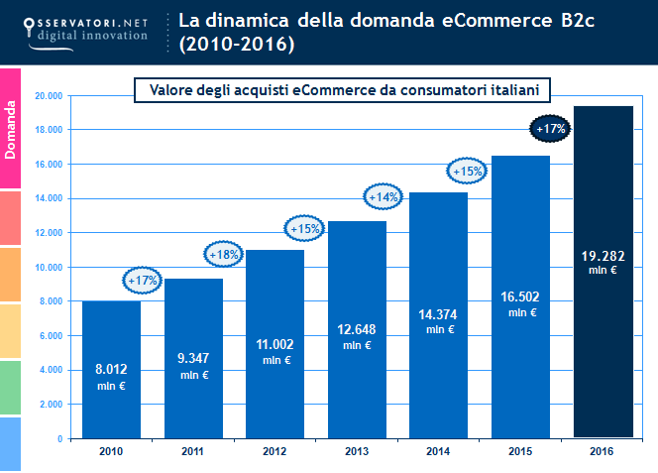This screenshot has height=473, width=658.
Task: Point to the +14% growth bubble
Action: pos(384,197)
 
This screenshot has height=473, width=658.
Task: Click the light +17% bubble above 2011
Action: pos(143,281)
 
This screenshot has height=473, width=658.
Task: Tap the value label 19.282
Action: pos(603,255)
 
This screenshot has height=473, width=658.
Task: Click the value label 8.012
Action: pos(111,370)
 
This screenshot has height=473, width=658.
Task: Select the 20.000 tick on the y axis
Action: pos(49,96)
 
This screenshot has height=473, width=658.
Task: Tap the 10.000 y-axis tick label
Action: pos(49,267)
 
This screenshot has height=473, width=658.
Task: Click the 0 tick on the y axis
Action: pos(60,438)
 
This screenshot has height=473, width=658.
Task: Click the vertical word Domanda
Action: pos(11,128)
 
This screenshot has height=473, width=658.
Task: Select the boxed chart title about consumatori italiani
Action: pos(342,90)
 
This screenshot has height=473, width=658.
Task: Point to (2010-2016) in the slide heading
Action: pos(237,45)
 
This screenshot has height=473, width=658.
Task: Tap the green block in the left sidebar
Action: pos(11,388)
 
